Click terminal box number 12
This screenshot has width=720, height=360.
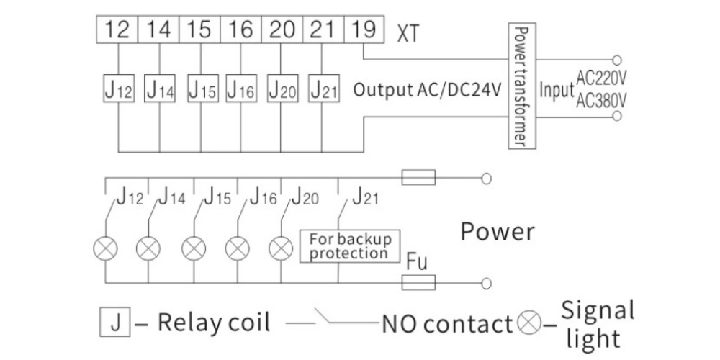coord(117,32)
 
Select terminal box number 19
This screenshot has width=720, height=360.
coord(364,32)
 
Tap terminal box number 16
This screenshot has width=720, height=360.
coord(240,32)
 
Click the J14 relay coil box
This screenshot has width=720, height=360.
coord(160,91)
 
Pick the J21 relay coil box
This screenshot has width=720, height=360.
coord(323,91)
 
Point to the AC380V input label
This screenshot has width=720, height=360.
coord(600,101)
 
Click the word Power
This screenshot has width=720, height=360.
coord(498,232)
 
